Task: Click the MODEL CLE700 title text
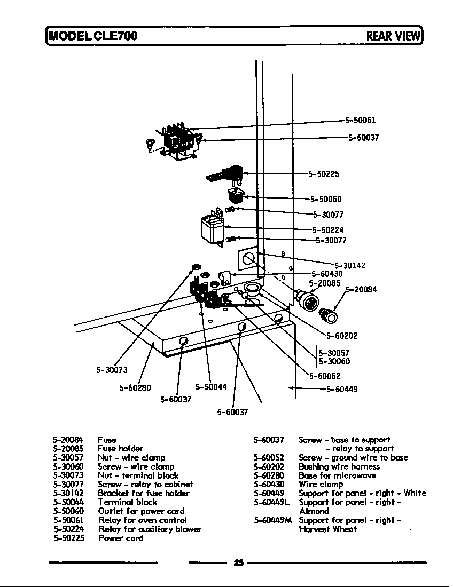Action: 93,36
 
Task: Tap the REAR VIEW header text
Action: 393,36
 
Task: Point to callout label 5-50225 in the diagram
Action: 324,174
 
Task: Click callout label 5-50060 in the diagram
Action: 326,200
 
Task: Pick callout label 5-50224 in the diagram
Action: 328,231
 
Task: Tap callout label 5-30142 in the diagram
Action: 350,265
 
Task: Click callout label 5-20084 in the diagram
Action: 361,290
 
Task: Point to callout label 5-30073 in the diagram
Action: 112,370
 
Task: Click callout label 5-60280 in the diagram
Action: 135,388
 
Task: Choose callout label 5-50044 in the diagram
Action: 211,387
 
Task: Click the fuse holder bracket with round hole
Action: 247,261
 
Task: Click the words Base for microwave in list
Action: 337,475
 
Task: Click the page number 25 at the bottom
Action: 238,562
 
